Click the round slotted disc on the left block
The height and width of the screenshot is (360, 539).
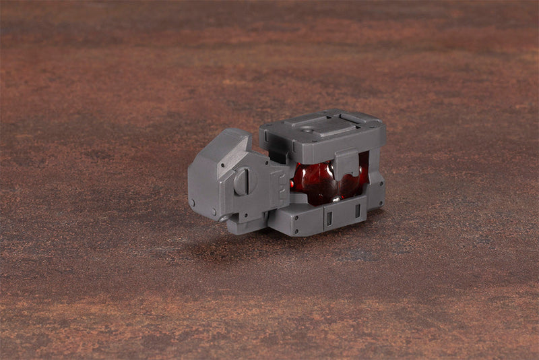243,180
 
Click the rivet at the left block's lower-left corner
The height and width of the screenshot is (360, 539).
193,202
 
